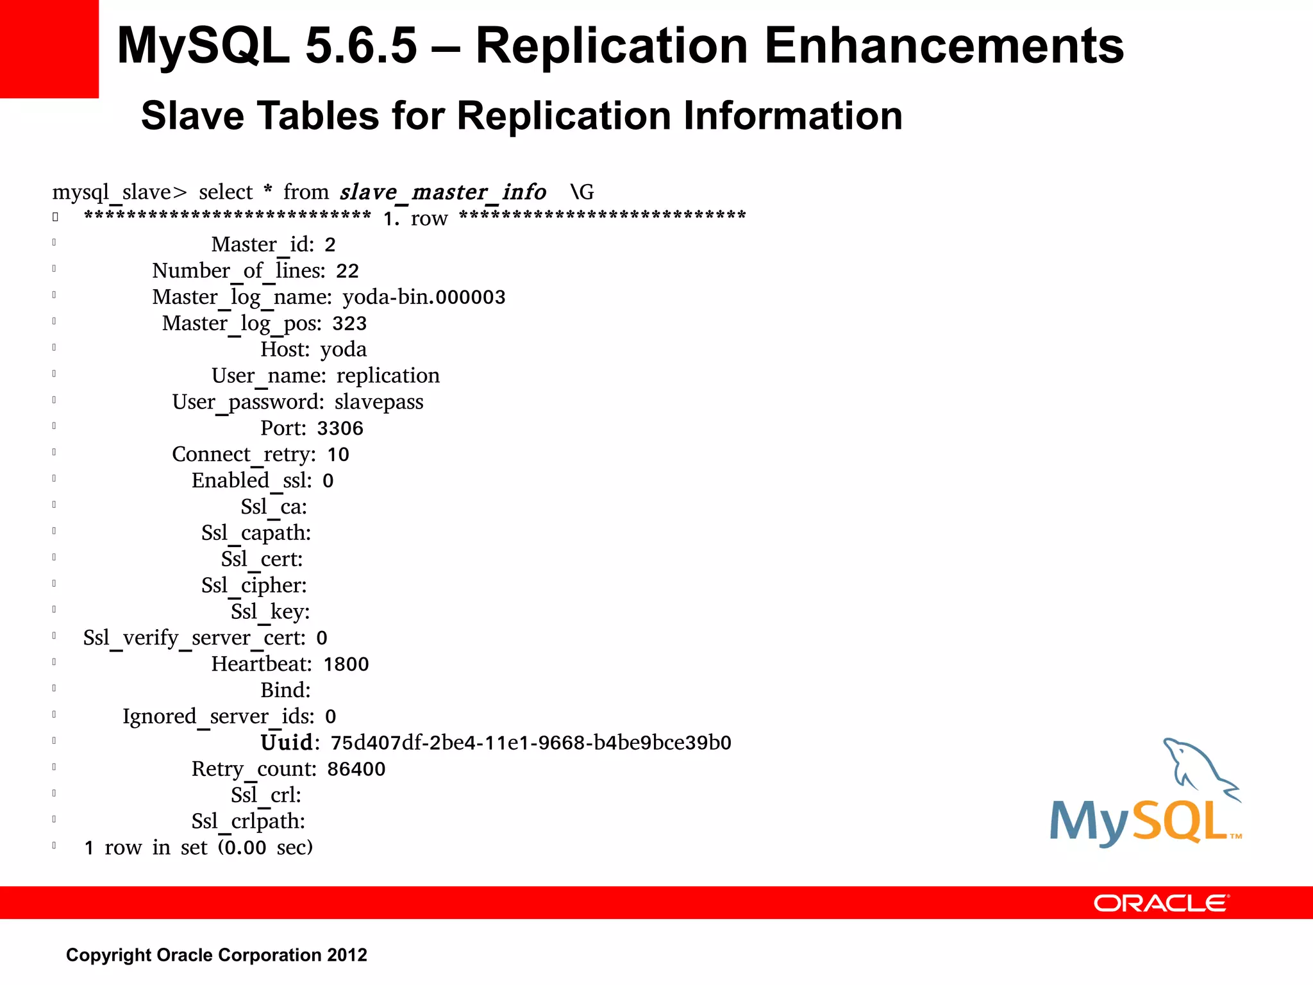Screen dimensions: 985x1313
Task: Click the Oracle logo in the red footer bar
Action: tap(1161, 903)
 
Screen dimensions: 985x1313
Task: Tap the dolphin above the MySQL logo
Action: tap(1200, 770)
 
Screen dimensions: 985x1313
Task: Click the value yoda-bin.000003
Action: tap(424, 297)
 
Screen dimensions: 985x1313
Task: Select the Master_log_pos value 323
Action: tap(349, 323)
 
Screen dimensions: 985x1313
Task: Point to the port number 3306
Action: tap(340, 428)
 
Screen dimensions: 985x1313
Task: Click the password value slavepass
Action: tap(379, 402)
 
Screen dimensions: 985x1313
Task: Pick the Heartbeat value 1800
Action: tap(346, 664)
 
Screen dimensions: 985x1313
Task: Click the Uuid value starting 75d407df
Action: tap(531, 743)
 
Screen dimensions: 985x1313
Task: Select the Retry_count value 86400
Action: tap(356, 769)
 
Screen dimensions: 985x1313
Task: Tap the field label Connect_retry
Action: tap(244, 455)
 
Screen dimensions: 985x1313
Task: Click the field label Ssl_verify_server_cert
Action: tap(194, 638)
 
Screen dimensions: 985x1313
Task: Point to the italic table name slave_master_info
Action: tap(443, 192)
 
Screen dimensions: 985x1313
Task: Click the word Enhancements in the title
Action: tap(944, 46)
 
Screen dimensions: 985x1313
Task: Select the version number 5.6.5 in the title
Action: tap(361, 46)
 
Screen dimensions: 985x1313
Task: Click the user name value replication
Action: tap(388, 376)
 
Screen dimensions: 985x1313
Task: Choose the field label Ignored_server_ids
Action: tap(218, 716)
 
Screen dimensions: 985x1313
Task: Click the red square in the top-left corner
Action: tap(49, 49)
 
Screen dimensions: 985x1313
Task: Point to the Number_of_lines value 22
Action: tap(347, 271)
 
